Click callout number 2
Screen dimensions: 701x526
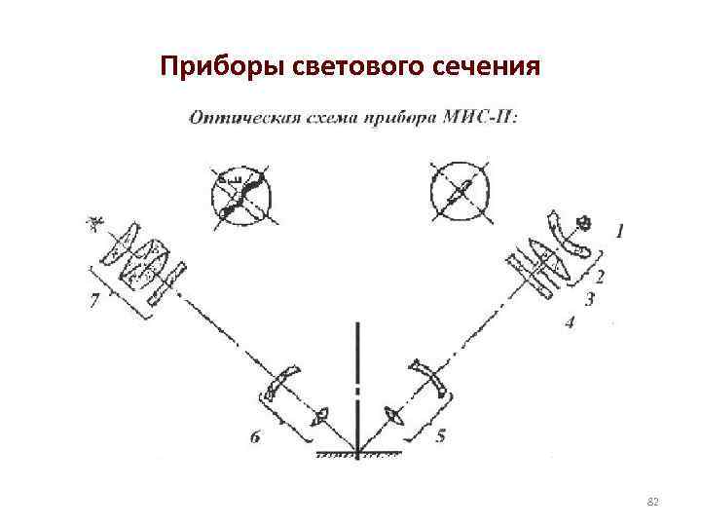point(600,277)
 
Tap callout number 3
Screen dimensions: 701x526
point(589,299)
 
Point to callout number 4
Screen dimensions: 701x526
point(570,322)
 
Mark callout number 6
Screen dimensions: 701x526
point(255,438)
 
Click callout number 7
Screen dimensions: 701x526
point(93,302)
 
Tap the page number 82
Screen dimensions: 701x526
point(653,502)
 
